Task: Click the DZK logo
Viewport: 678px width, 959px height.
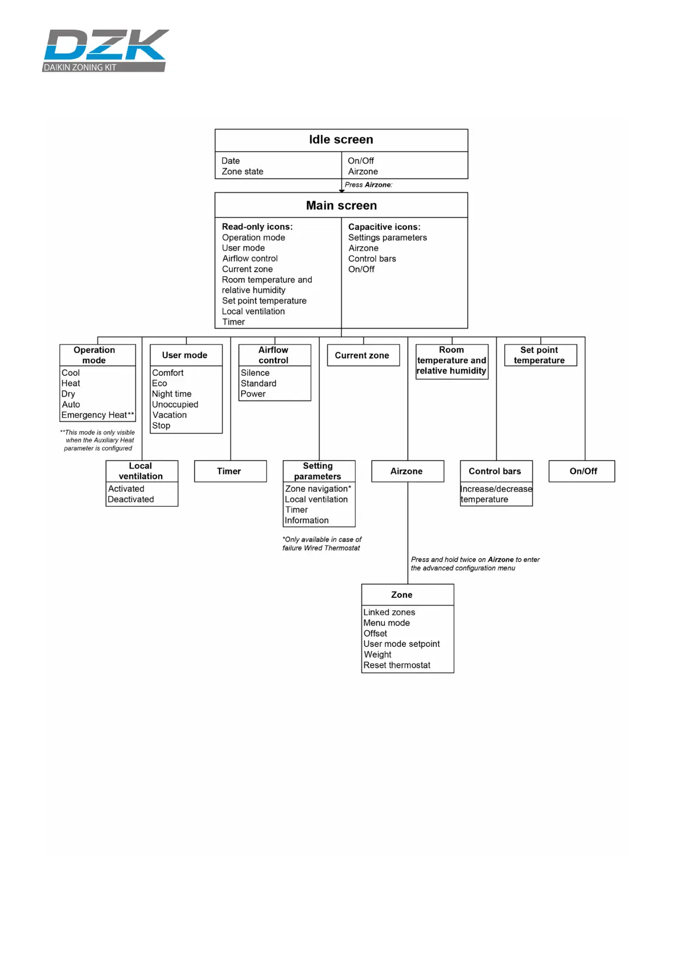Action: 106,50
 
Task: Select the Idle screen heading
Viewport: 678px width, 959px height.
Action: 341,140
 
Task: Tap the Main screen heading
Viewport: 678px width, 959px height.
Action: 341,206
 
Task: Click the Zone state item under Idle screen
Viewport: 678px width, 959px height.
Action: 243,171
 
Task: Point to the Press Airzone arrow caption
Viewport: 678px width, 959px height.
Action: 368,185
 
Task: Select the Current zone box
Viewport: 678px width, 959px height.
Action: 362,355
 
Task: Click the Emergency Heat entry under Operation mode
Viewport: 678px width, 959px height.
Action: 97,415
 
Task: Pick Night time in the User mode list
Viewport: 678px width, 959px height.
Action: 171,394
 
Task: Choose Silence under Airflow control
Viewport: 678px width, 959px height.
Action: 255,373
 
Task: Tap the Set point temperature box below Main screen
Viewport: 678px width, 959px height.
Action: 540,355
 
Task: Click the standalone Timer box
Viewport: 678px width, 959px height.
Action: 229,471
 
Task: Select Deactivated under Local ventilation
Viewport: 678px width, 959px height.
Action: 131,499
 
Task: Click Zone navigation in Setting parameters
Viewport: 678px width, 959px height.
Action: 318,489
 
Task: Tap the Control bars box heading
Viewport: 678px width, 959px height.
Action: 495,471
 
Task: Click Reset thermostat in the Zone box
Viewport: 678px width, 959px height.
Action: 397,665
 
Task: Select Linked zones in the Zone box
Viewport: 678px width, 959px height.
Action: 389,612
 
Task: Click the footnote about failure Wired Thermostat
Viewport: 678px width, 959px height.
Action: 322,544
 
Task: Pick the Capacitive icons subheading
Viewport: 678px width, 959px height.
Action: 384,227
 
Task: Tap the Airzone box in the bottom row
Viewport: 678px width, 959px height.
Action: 406,471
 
